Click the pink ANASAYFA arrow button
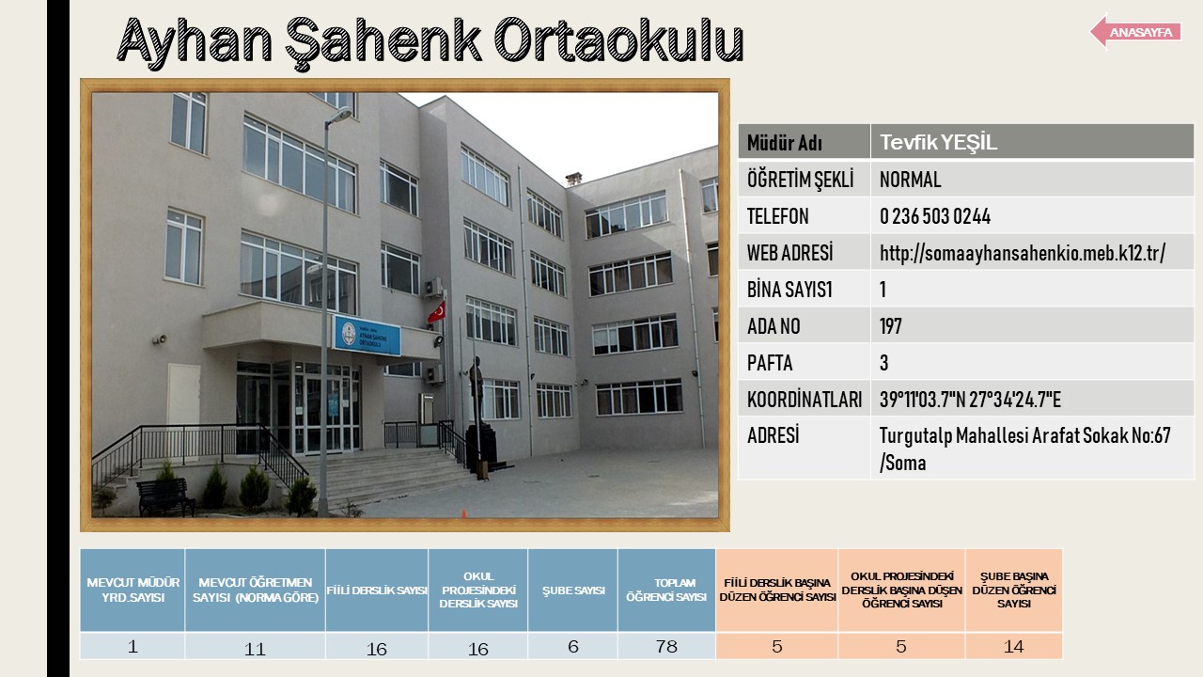click(x=1135, y=32)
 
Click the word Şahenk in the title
click(x=383, y=41)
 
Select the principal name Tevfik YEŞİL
click(x=938, y=142)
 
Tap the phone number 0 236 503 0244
click(x=934, y=216)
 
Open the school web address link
click(x=1022, y=253)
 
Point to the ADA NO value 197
click(x=890, y=326)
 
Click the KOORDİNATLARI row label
click(x=804, y=400)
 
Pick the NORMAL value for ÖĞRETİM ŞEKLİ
click(x=910, y=180)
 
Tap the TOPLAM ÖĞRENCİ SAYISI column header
click(x=666, y=590)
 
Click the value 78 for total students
click(x=666, y=646)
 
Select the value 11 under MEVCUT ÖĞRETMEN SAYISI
click(x=255, y=649)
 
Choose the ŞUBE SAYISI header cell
click(x=573, y=590)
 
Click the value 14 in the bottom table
click(x=1013, y=646)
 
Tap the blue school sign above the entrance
click(x=367, y=336)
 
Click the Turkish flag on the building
click(x=437, y=312)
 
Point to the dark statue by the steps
click(x=477, y=388)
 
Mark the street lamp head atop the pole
click(x=340, y=115)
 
